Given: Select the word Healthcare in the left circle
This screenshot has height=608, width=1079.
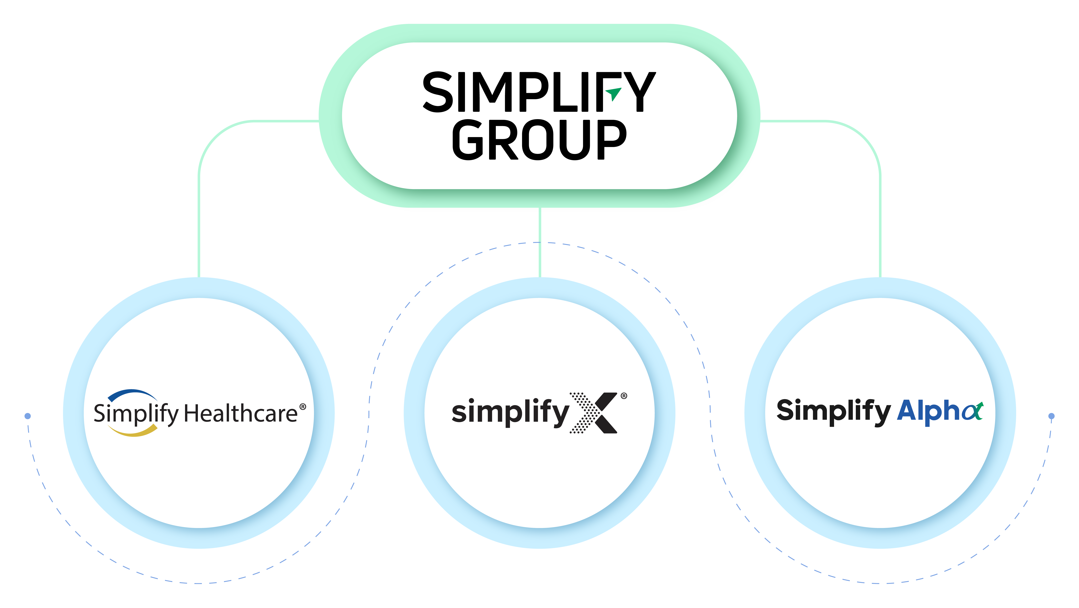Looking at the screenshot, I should click(240, 414).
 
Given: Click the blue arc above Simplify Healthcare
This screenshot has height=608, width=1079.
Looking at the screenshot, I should click(132, 394).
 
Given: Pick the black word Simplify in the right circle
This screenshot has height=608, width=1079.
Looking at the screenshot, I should click(833, 411).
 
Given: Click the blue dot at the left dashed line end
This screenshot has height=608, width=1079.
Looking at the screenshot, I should click(28, 416).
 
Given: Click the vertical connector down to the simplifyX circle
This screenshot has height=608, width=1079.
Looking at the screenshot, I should click(540, 243).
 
